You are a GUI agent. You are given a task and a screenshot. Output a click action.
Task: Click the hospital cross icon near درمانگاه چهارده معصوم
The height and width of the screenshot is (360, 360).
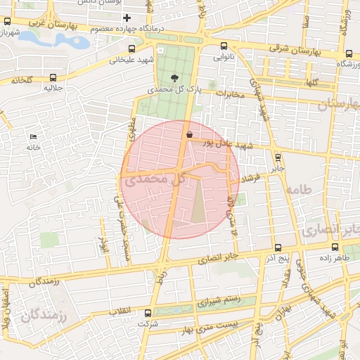(x=127, y=18)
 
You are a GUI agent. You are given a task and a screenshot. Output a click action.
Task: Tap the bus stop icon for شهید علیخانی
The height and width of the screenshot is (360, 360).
(x=132, y=49)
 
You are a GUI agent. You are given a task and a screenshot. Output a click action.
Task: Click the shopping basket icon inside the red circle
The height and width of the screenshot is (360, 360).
(x=188, y=134)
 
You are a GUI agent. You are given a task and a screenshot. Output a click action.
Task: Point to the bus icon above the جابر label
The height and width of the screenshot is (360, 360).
(x=278, y=157)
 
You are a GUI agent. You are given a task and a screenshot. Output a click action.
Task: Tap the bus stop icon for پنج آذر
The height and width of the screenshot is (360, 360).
(x=278, y=247)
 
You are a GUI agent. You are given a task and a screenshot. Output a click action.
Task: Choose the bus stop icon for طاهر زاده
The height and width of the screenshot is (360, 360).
(x=335, y=247)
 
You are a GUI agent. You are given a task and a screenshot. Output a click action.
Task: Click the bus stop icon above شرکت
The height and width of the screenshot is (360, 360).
(x=148, y=313)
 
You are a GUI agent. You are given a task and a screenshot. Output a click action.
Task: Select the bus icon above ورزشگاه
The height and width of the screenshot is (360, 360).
(x=350, y=53)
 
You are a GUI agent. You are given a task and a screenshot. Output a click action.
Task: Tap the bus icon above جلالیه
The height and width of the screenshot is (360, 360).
(x=50, y=77)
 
